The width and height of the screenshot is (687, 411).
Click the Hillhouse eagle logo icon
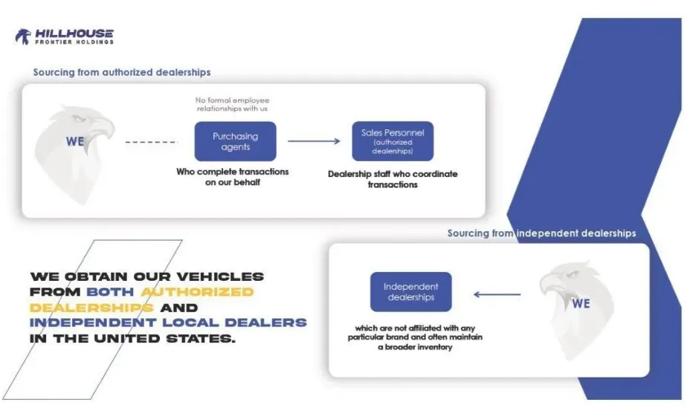23,36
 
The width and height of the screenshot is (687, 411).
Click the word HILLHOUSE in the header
74,33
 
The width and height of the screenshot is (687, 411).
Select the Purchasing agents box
235,141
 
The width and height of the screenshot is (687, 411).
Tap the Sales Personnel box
392,141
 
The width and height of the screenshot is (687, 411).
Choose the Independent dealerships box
410,291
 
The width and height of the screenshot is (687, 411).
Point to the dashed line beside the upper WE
151,141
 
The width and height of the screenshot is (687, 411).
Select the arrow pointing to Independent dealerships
497,294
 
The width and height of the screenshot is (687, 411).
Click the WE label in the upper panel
75,141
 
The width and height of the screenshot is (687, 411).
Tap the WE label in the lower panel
581,303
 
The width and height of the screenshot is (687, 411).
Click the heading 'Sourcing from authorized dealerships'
122,72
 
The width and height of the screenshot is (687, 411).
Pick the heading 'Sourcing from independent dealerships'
541,233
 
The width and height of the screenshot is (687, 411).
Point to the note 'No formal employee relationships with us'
233,104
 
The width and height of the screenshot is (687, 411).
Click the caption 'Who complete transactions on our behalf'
232,177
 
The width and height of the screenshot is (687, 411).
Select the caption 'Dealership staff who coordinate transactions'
393,179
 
